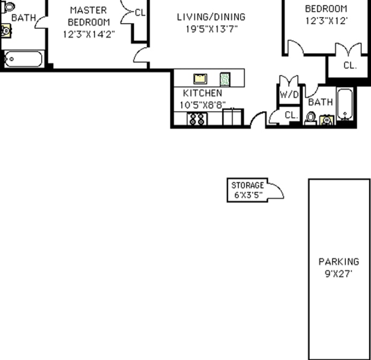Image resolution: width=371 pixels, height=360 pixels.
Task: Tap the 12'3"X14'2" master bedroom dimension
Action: pos(89,34)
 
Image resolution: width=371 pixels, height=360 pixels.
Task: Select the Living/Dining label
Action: pos(211,17)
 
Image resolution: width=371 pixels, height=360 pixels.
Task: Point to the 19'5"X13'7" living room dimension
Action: pos(211,29)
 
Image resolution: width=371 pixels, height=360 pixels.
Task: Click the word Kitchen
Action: pos(202,93)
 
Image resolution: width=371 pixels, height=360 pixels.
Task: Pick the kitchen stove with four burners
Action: pos(197,119)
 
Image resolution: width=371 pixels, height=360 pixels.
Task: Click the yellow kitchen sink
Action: pos(200,79)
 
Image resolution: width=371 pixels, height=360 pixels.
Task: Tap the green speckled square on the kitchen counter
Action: pos(225,80)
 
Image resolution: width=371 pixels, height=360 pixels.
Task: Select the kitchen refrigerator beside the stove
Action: pos(233,117)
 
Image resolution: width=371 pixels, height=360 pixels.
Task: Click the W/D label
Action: pos(289,95)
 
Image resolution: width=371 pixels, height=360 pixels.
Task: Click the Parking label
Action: pos(339,262)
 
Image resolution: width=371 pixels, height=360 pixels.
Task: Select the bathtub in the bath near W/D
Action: pos(345,104)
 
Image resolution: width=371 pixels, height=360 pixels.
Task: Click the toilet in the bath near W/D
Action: pos(311,117)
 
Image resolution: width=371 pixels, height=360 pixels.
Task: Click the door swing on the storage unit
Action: pos(275,190)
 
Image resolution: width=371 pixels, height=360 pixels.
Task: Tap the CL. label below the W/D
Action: pos(290,115)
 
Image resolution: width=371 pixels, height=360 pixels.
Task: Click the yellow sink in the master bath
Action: pos(5,30)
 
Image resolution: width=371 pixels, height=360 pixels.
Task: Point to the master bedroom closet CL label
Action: pos(140,12)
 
